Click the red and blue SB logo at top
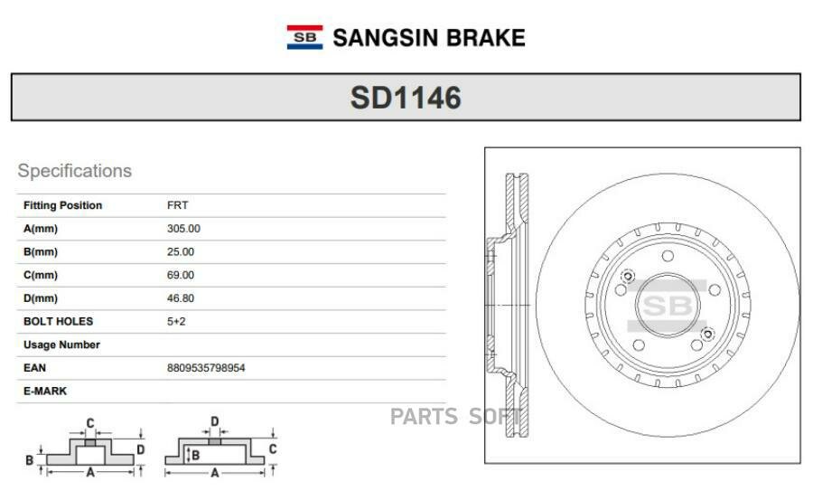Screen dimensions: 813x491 click(x=305, y=37)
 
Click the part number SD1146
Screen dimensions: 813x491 click(x=406, y=98)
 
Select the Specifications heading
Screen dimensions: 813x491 click(x=75, y=171)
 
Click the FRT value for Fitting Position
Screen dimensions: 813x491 click(x=177, y=205)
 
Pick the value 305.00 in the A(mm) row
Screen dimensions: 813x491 click(x=183, y=229)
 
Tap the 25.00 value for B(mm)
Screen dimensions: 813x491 click(x=181, y=252)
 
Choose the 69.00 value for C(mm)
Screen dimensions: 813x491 click(x=181, y=275)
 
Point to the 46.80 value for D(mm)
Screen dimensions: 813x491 click(x=181, y=298)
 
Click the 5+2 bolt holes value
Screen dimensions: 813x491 click(x=176, y=322)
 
